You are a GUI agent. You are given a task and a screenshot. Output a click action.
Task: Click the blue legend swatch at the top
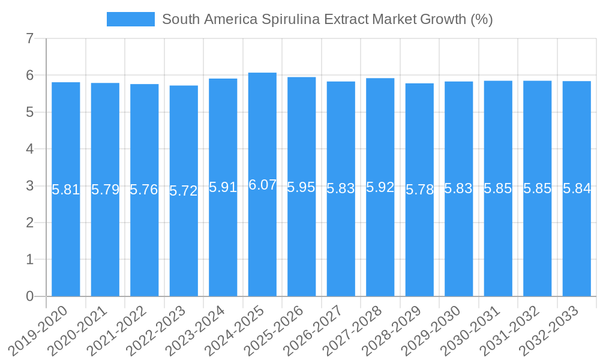point(130,19)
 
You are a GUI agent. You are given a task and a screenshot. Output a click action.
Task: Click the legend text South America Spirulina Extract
point(327,19)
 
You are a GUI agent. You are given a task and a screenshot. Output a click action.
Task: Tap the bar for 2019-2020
point(66,240)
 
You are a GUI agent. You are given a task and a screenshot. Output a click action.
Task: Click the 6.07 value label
point(262,185)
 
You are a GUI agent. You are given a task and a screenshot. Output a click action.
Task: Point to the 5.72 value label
point(184,191)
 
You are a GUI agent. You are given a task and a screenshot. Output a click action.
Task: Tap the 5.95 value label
point(301,187)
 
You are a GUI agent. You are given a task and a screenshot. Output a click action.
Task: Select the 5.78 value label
point(419,190)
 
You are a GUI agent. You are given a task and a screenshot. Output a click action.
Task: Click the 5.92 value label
point(380,187)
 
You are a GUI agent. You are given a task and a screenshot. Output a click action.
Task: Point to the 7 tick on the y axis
point(29,39)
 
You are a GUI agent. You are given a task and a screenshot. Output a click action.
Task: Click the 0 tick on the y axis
point(29,296)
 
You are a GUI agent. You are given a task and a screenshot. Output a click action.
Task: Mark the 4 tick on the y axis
point(29,149)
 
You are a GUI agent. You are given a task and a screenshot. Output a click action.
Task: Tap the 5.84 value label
point(577,188)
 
